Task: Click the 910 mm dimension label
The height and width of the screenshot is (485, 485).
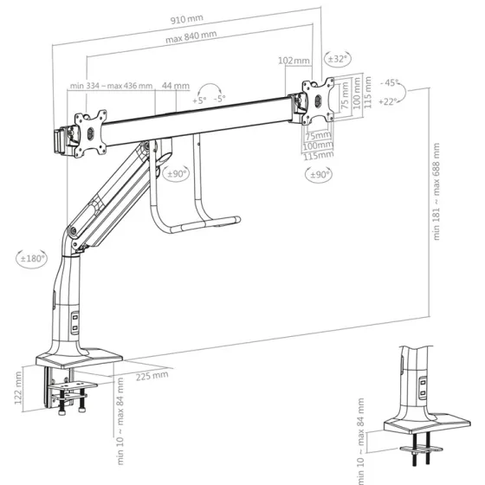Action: (187, 19)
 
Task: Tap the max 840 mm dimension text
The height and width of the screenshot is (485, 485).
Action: (191, 36)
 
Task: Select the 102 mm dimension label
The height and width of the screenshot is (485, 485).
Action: (294, 61)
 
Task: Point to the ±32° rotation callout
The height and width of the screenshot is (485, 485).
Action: (338, 59)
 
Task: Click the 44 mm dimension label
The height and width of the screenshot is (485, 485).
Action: (176, 86)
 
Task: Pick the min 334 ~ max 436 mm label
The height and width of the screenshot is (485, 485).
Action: (112, 86)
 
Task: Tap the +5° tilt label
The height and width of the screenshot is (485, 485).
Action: (199, 100)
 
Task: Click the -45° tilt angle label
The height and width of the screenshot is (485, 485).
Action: (390, 82)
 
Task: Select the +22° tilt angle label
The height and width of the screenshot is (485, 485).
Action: (388, 101)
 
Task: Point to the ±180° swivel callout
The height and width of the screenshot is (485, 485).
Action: (32, 258)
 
